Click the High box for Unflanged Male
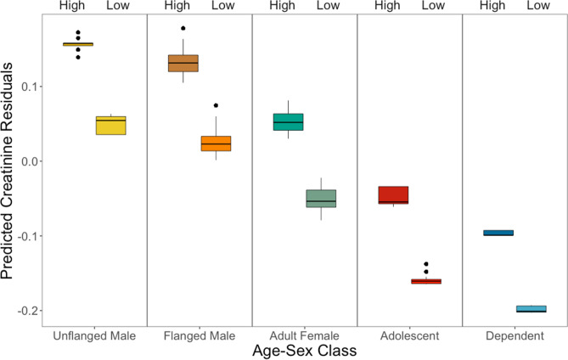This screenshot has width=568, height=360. (x=77, y=44)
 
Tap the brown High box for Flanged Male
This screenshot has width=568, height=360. (x=183, y=64)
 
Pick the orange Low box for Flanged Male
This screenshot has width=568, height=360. (x=216, y=143)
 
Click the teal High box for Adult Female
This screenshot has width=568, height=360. (x=288, y=121)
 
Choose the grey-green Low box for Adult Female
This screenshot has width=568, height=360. (x=321, y=198)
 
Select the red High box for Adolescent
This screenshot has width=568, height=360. (x=393, y=194)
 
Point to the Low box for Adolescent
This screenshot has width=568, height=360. (x=426, y=281)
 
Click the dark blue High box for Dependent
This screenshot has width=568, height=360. (x=498, y=233)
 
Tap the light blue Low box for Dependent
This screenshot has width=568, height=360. (x=531, y=309)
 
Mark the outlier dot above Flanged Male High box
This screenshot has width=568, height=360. (x=183, y=28)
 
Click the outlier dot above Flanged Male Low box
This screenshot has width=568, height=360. (x=216, y=105)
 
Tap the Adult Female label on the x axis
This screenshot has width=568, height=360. (x=304, y=336)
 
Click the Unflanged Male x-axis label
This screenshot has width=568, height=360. (x=93, y=336)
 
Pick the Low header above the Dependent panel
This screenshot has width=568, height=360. (x=539, y=6)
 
